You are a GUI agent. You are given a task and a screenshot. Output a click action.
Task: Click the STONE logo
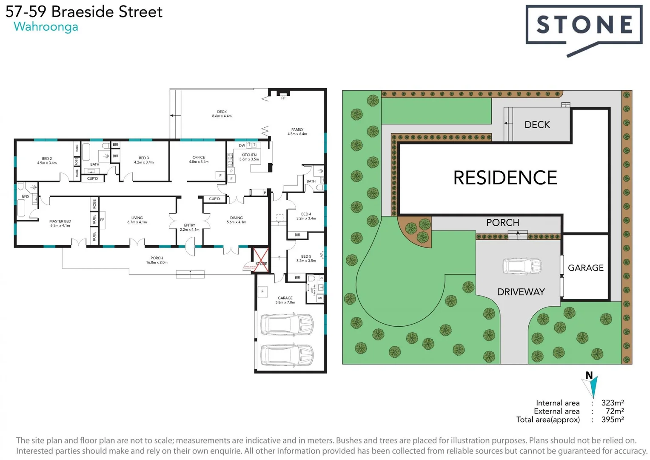pos(584,25)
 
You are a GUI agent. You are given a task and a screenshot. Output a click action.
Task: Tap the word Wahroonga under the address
pos(46,27)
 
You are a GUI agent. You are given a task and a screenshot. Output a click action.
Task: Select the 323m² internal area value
pos(612,403)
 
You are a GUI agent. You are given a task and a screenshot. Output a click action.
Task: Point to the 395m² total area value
pos(612,420)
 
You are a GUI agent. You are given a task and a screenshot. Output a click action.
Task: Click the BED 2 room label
pos(47,159)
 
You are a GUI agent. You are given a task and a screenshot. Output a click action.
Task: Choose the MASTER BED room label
pos(60,221)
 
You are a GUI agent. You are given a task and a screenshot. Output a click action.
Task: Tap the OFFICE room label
pos(199,158)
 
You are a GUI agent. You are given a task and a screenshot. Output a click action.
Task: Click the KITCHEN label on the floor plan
pos(249,155)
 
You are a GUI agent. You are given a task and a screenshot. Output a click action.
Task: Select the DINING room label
pos(236,218)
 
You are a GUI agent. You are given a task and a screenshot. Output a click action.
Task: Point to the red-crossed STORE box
pos(261,260)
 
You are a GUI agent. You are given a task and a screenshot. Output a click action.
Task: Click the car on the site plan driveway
pos(522,266)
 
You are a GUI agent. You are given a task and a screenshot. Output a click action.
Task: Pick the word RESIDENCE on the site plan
pos(505,178)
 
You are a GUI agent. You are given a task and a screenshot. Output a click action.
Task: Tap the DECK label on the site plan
pos(537,125)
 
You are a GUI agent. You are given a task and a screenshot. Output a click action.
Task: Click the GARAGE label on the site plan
pos(585,268)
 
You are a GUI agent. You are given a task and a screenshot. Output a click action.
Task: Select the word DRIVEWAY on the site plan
pos(521,292)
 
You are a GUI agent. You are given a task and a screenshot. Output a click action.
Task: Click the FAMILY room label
pos(297,129)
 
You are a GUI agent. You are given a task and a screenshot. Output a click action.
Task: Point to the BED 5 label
pos(306,256)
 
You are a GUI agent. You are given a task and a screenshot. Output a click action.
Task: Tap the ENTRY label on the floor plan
pos(190,225)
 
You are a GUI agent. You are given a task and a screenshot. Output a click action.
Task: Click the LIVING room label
pos(137,218)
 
